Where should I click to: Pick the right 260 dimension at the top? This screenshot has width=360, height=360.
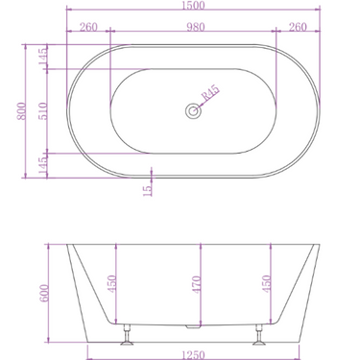point(298,27)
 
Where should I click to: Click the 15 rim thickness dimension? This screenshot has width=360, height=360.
point(147,189)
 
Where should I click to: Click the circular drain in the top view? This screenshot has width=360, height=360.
point(193,111)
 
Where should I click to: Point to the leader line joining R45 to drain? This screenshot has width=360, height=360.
point(201,105)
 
